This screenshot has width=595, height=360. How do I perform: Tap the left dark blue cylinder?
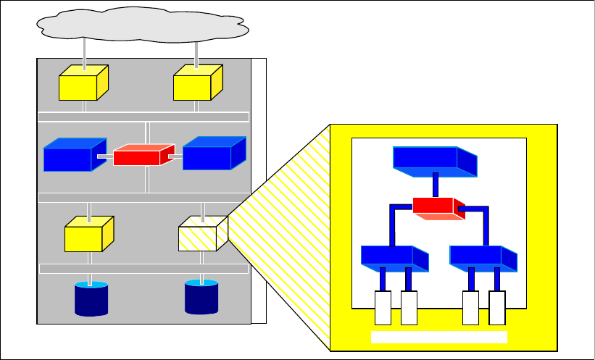[91, 299]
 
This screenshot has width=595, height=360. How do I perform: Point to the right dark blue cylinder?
[201, 297]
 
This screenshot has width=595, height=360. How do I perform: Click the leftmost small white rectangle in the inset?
[383, 308]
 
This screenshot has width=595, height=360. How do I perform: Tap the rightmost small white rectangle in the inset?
[497, 308]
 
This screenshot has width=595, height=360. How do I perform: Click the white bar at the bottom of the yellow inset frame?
[438, 338]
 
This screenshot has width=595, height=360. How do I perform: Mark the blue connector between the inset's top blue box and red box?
[435, 185]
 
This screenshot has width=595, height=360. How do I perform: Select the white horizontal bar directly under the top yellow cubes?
[143, 117]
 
